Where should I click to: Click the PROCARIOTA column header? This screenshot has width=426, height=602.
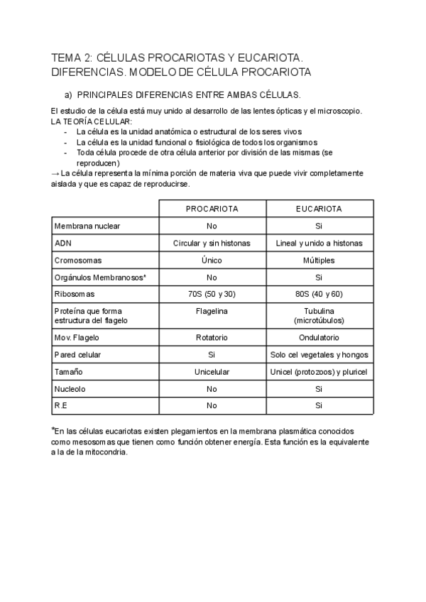212,209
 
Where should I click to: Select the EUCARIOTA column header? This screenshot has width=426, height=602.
319,209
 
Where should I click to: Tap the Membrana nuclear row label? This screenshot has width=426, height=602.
87,226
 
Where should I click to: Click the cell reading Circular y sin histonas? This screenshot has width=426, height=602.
212,243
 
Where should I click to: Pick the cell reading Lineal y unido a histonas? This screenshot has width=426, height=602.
319,243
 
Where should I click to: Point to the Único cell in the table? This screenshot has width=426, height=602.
212,260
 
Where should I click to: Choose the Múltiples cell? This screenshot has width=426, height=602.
319,260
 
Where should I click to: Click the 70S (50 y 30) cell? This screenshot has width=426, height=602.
212,293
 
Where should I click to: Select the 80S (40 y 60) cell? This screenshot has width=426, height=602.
319,293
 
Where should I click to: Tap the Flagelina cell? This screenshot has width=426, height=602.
212,310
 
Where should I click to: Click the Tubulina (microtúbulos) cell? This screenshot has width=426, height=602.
319,315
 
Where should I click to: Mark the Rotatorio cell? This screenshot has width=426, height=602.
212,337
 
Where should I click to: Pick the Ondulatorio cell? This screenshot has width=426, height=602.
319,337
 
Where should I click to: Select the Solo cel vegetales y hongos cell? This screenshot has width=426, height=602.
319,354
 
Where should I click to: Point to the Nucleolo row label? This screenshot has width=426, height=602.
70,388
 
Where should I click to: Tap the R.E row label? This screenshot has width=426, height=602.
60,405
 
